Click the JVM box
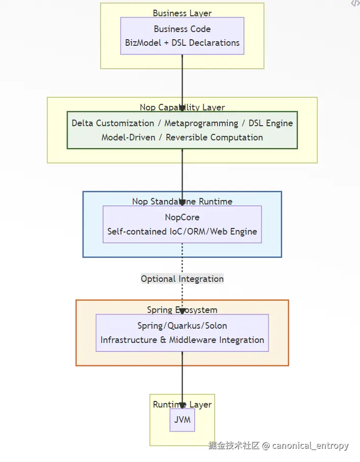pyautogui.click(x=182, y=420)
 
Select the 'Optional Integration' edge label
pyautogui.click(x=182, y=279)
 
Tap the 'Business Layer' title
pyautogui.click(x=182, y=13)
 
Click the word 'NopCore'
pyautogui.click(x=182, y=217)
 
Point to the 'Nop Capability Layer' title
pyautogui.click(x=182, y=107)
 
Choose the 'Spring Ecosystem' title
pyautogui.click(x=182, y=310)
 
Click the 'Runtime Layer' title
pyautogui.click(x=182, y=405)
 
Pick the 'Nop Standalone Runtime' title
pyautogui.click(x=182, y=201)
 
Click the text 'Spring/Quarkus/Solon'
pyautogui.click(x=182, y=326)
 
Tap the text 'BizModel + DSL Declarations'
pyautogui.click(x=182, y=43)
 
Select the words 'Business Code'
pyautogui.click(x=182, y=29)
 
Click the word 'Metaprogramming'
pyautogui.click(x=201, y=123)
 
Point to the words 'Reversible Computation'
pyautogui.click(x=214, y=137)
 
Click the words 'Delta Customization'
pyautogui.click(x=112, y=123)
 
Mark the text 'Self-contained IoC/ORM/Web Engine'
pyautogui.click(x=182, y=232)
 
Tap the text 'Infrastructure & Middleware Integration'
pyautogui.click(x=182, y=340)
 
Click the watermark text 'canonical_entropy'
pyautogui.click(x=310, y=446)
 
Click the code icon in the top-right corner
pyautogui.click(x=355, y=4)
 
